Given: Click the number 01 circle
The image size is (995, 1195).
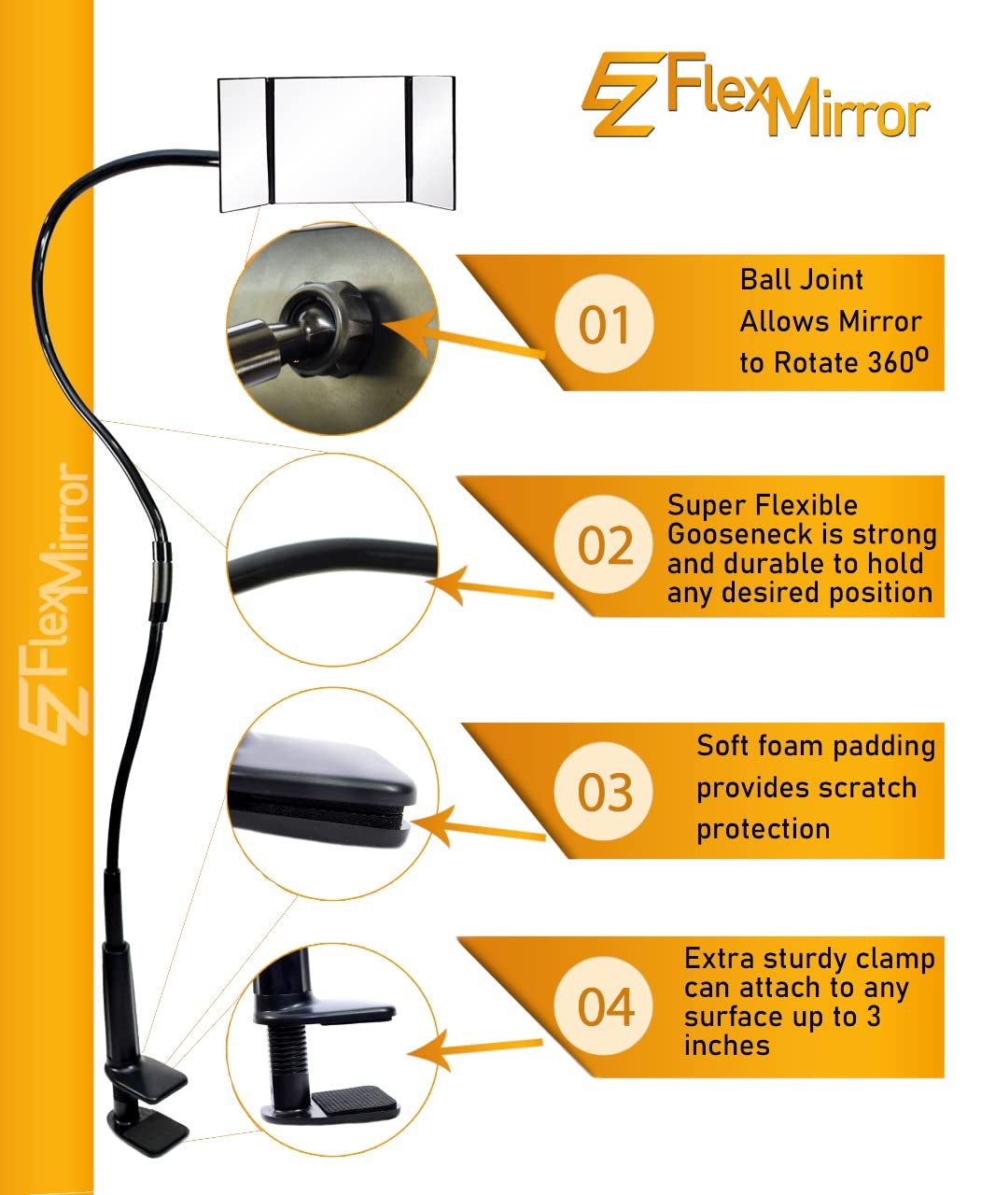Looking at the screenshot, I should (604, 326).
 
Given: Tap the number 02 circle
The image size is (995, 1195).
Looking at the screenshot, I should (605, 545).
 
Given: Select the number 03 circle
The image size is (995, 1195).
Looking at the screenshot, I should (605, 793).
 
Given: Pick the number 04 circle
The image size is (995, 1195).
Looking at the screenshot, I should (605, 1007).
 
